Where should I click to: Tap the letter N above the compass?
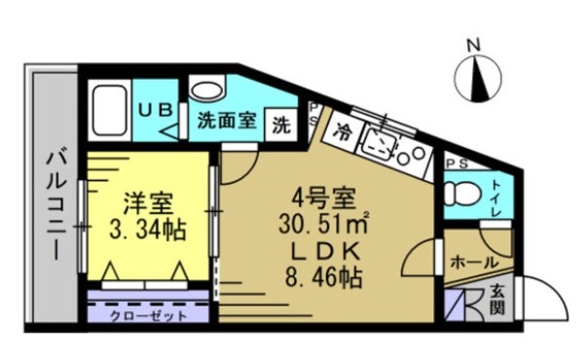coord(475,45)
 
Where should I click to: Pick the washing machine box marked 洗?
coord(280,124)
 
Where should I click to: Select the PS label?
coord(457,163)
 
